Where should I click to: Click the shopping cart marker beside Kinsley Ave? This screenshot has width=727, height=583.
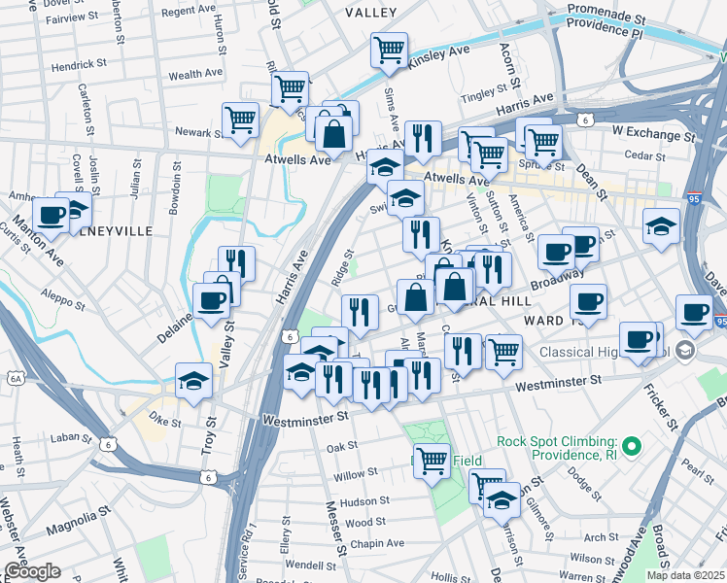click(x=389, y=50)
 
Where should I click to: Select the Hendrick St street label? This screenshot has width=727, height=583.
click(x=80, y=64)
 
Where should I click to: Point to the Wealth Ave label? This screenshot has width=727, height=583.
click(x=198, y=74)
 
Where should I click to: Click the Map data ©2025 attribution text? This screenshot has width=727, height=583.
click(x=685, y=575)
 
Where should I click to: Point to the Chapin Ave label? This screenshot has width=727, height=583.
click(x=373, y=546)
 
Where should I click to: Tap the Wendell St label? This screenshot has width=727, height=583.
click(x=310, y=565)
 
